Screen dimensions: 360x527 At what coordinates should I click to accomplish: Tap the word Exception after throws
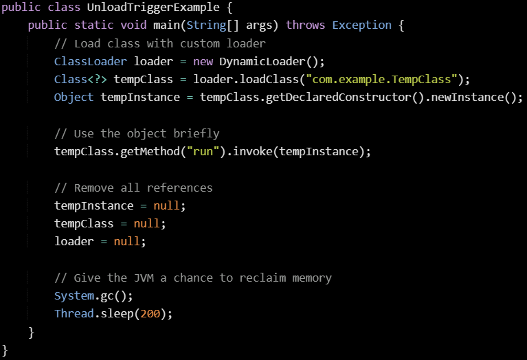pyautogui.click(x=361, y=25)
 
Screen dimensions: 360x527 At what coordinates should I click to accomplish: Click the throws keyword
pyautogui.click(x=305, y=25)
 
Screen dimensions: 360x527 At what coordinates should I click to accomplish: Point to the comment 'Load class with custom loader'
pyautogui.click(x=160, y=43)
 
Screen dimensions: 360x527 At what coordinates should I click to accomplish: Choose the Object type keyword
pyautogui.click(x=74, y=97)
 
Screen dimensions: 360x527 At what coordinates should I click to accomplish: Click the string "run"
pyautogui.click(x=203, y=151)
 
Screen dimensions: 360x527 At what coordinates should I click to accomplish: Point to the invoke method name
pyautogui.click(x=252, y=151)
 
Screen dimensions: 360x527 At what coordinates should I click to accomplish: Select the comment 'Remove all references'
pyautogui.click(x=133, y=188)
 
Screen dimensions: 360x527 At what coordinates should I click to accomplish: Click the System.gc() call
pyautogui.click(x=93, y=295)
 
